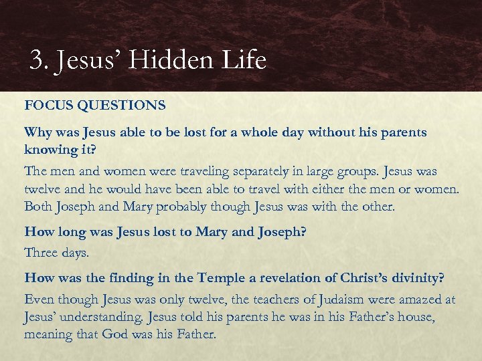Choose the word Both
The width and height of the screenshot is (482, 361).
coord(39,207)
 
